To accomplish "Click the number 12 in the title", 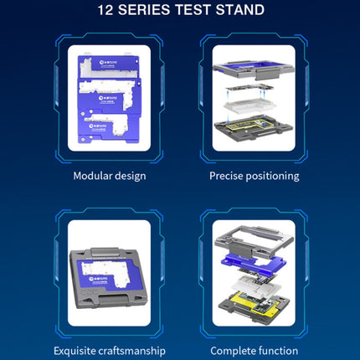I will pos(106,11).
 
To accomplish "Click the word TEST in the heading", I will pos(198,11).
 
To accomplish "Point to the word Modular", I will pos(94,176).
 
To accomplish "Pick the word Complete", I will pos(234,350).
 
